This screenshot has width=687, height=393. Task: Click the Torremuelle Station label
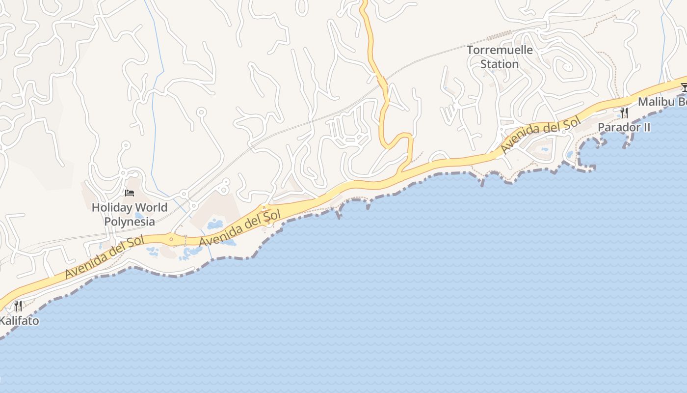point(500,57)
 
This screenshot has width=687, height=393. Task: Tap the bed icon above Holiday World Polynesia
point(130,193)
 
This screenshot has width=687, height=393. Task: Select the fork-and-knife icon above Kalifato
point(19,306)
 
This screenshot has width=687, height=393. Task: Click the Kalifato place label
point(19,321)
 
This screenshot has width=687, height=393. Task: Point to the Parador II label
point(624,128)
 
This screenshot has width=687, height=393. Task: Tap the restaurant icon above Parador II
point(624,113)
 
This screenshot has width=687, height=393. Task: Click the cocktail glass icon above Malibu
point(684,87)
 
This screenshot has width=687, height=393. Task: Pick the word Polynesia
point(130,222)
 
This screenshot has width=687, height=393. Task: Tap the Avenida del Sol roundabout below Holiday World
point(171,240)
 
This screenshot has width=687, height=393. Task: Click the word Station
point(500,64)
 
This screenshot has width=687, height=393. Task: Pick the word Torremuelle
point(500,50)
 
